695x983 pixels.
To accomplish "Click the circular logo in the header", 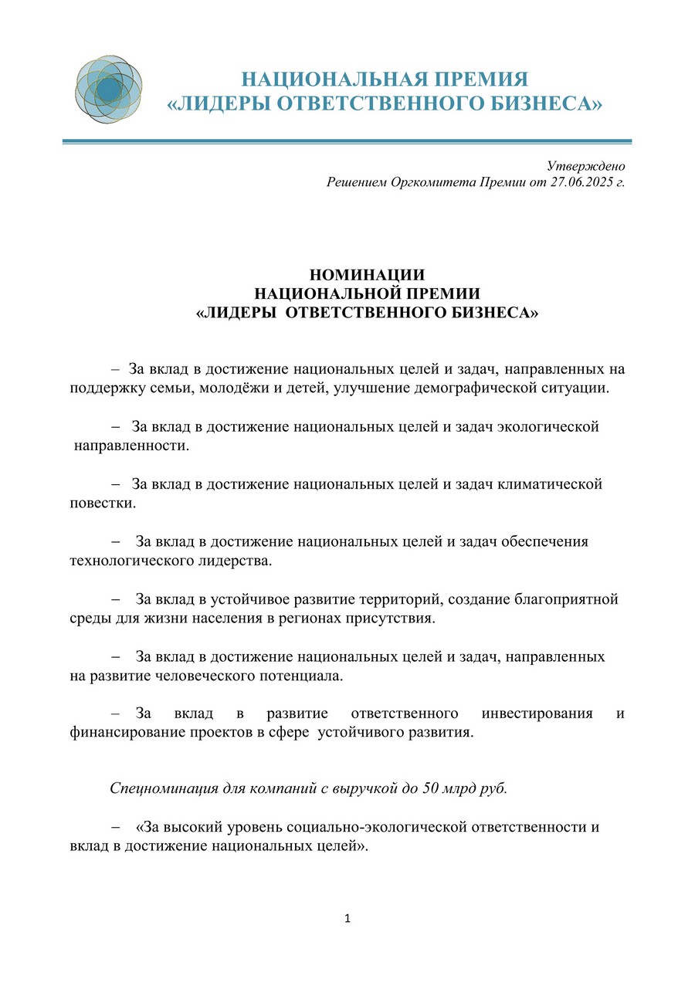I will (x=109, y=90).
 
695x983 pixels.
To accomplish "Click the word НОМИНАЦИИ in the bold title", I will (x=367, y=275).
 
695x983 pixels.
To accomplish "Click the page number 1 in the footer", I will (x=347, y=919).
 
